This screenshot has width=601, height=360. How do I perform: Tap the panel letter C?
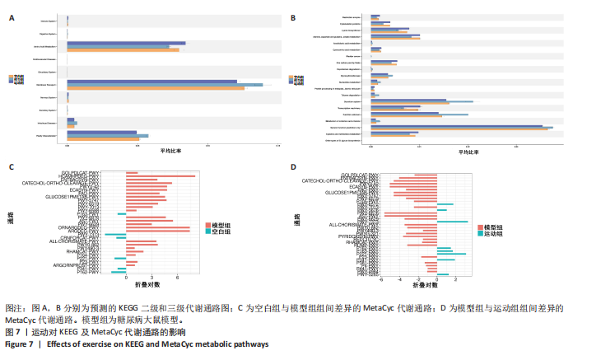[x=11, y=167]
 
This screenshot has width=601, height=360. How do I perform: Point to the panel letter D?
[x=294, y=167]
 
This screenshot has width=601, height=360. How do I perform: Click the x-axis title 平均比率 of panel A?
[x=171, y=151]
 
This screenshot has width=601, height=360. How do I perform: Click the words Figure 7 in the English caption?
[x=19, y=344]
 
